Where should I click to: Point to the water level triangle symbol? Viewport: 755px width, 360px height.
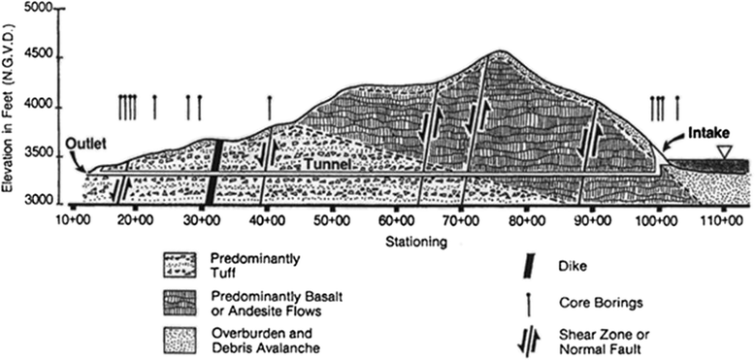(x=723, y=151)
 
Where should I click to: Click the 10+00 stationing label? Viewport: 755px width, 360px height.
(x=72, y=221)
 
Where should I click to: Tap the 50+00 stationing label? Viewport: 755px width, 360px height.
(x=332, y=221)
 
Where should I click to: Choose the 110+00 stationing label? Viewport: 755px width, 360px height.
(x=722, y=221)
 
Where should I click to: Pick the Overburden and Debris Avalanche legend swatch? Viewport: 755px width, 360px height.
(x=180, y=341)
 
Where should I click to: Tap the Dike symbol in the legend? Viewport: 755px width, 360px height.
(x=528, y=265)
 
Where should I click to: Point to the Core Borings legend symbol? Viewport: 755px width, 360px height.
(x=528, y=304)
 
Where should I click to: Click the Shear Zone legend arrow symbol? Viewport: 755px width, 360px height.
(x=528, y=342)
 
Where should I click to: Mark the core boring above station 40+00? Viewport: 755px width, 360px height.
(x=269, y=108)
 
